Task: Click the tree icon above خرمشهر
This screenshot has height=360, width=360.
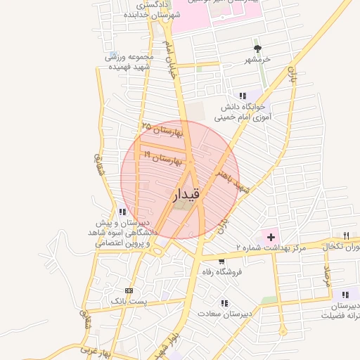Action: coord(258,49)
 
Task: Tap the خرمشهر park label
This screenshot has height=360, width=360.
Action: coord(257,60)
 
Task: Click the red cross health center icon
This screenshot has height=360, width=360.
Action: coord(271,237)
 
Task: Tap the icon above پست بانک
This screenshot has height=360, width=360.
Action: coord(129,290)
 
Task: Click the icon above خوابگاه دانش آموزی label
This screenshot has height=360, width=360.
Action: coord(243,96)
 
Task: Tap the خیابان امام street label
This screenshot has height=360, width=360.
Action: coord(168,57)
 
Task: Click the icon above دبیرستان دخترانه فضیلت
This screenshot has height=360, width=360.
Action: coord(345,295)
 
